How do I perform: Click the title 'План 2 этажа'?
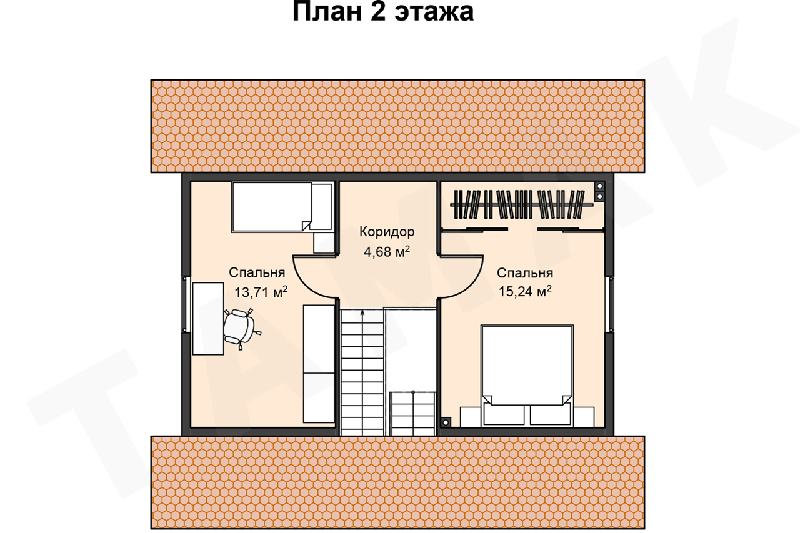tap(383, 12)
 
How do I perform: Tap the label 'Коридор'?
tap(387, 232)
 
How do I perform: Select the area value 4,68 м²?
tap(387, 252)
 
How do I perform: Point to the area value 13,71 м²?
tap(261, 292)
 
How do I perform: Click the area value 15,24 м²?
tap(525, 291)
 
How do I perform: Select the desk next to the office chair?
tap(208, 319)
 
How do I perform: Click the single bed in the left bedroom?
tap(282, 207)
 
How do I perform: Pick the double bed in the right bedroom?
tap(527, 376)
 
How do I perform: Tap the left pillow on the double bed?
tap(504, 414)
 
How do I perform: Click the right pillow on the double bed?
tap(551, 414)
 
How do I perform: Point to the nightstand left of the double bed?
tap(471, 417)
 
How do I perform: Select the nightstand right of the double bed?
tap(584, 417)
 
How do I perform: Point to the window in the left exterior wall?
tap(186, 304)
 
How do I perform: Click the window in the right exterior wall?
tap(610, 304)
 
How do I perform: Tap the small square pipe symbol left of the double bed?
tap(446, 422)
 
